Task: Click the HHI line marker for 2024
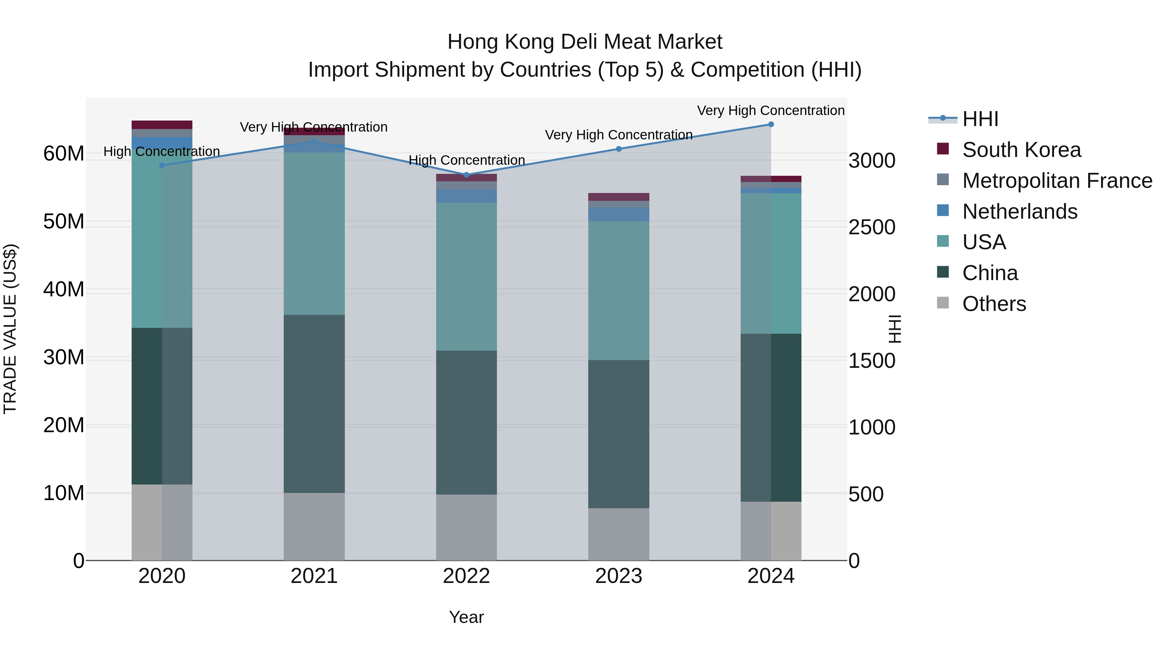pyautogui.click(x=771, y=124)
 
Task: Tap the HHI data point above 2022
pyautogui.click(x=466, y=175)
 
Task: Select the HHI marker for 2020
pyautogui.click(x=162, y=165)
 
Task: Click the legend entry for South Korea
pyautogui.click(x=1021, y=150)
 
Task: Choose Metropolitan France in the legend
pyautogui.click(x=1057, y=181)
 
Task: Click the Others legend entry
pyautogui.click(x=994, y=304)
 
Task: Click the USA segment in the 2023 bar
pyautogui.click(x=618, y=290)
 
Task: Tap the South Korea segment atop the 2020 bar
pyautogui.click(x=162, y=125)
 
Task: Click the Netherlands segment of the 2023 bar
pyautogui.click(x=618, y=214)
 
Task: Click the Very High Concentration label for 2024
pyautogui.click(x=771, y=111)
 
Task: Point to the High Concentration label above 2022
pyautogui.click(x=466, y=160)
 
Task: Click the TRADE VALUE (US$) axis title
pyautogui.click(x=10, y=329)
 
